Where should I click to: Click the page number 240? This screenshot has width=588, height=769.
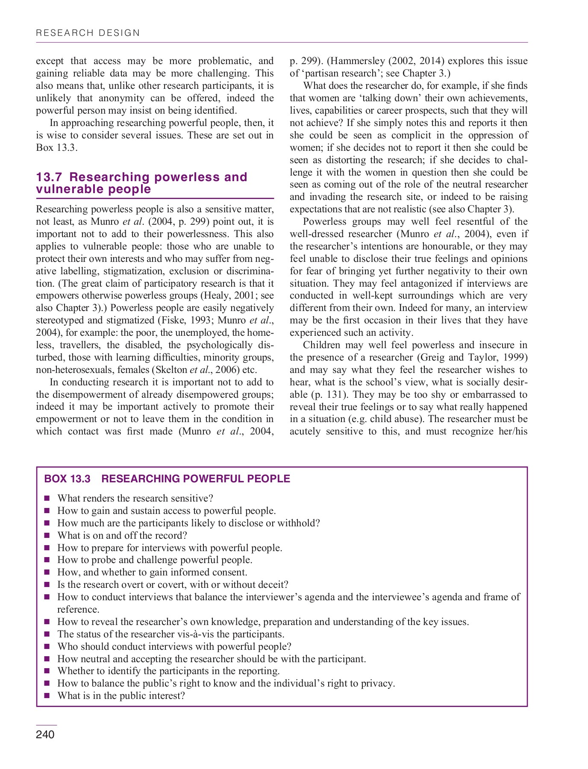pyautogui.click(x=45, y=735)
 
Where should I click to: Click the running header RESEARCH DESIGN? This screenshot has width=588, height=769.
pyautogui.click(x=88, y=33)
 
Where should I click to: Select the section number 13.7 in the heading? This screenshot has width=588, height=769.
pyautogui.click(x=50, y=177)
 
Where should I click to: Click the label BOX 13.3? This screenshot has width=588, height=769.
pyautogui.click(x=68, y=479)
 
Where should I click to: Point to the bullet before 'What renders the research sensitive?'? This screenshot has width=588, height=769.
pyautogui.click(x=47, y=499)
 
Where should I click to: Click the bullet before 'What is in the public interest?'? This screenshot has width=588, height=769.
pyautogui.click(x=47, y=696)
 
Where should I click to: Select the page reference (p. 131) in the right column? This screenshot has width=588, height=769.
pyautogui.click(x=329, y=395)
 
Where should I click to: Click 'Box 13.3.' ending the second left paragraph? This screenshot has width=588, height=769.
pyautogui.click(x=57, y=148)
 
